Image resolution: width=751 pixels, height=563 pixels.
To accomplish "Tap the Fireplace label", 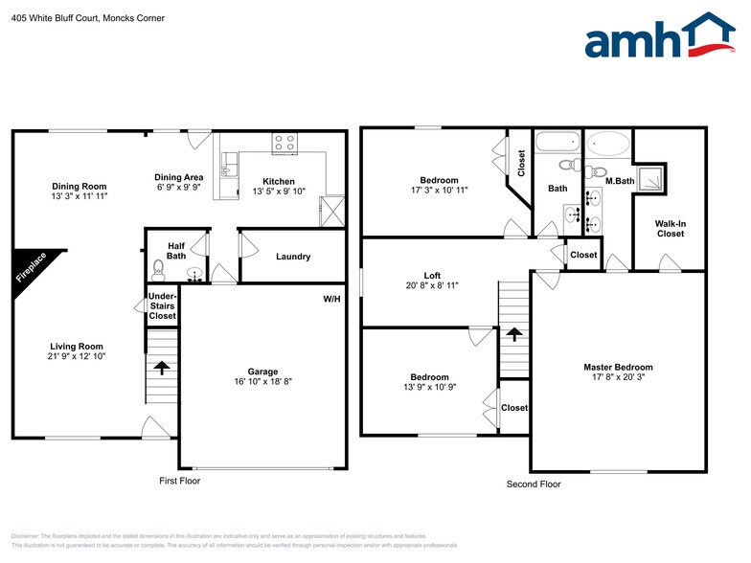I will [31, 267].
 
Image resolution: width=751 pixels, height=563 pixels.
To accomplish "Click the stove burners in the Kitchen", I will [284, 144].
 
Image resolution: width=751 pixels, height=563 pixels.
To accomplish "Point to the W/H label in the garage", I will [331, 299].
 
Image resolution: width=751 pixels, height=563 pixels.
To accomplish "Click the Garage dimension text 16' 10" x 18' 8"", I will [262, 381].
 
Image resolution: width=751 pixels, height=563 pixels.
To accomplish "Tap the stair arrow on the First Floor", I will [161, 367].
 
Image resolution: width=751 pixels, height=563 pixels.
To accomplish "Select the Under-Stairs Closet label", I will [162, 306].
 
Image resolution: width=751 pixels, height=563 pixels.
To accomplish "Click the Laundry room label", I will [292, 257].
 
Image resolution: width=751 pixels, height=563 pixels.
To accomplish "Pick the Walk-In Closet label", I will [670, 228].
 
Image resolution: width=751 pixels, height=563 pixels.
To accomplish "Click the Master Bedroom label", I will [618, 367].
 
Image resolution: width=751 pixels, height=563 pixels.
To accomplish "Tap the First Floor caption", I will [179, 481].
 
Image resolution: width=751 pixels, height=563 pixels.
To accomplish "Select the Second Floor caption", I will [534, 484].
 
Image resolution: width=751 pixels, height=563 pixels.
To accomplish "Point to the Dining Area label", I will [179, 177].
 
